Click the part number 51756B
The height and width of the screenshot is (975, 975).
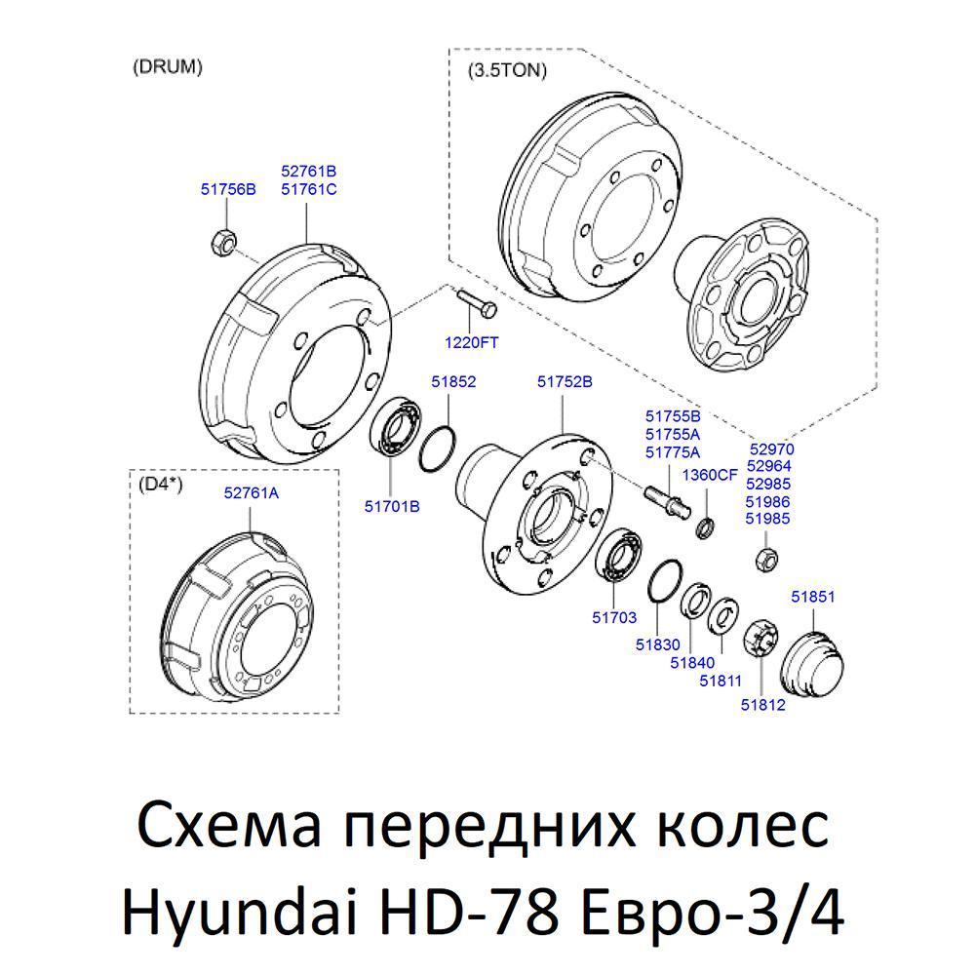[x=228, y=189]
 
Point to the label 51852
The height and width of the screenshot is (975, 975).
[x=453, y=381]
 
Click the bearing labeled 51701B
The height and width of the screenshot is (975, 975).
[x=396, y=426]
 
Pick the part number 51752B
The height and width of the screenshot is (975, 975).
[x=565, y=381]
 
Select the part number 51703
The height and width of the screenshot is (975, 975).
[x=614, y=617]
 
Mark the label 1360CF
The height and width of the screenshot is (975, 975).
[x=710, y=475]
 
